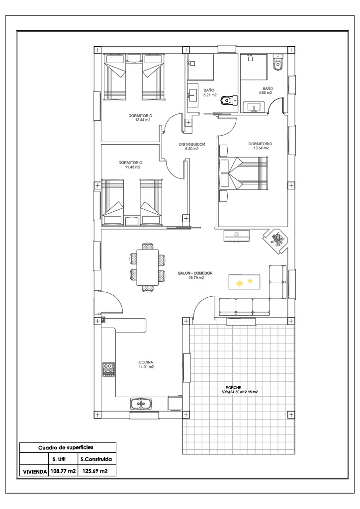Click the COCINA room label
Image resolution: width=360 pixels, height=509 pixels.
(x=146, y=362)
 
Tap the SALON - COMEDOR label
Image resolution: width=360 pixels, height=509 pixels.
(x=195, y=273)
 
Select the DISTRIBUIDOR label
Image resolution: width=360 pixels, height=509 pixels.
(x=192, y=144)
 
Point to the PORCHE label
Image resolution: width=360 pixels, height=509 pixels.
(x=233, y=387)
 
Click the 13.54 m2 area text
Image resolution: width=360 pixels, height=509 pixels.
(x=261, y=148)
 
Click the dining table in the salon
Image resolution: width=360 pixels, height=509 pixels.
(x=148, y=267)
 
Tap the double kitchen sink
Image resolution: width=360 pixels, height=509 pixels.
(x=141, y=404)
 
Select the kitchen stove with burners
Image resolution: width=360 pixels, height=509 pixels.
(x=108, y=370)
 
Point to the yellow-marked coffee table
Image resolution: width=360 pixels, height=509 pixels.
(x=245, y=282)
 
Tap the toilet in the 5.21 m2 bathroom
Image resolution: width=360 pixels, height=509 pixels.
(x=229, y=100)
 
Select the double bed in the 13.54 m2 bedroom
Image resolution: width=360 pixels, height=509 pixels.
(x=244, y=173)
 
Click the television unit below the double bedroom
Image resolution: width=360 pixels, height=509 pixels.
(x=237, y=235)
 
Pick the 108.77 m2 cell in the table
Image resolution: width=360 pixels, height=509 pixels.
(x=63, y=470)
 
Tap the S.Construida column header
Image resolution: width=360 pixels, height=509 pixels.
(x=96, y=459)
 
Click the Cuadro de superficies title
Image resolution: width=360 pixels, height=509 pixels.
(x=66, y=448)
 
